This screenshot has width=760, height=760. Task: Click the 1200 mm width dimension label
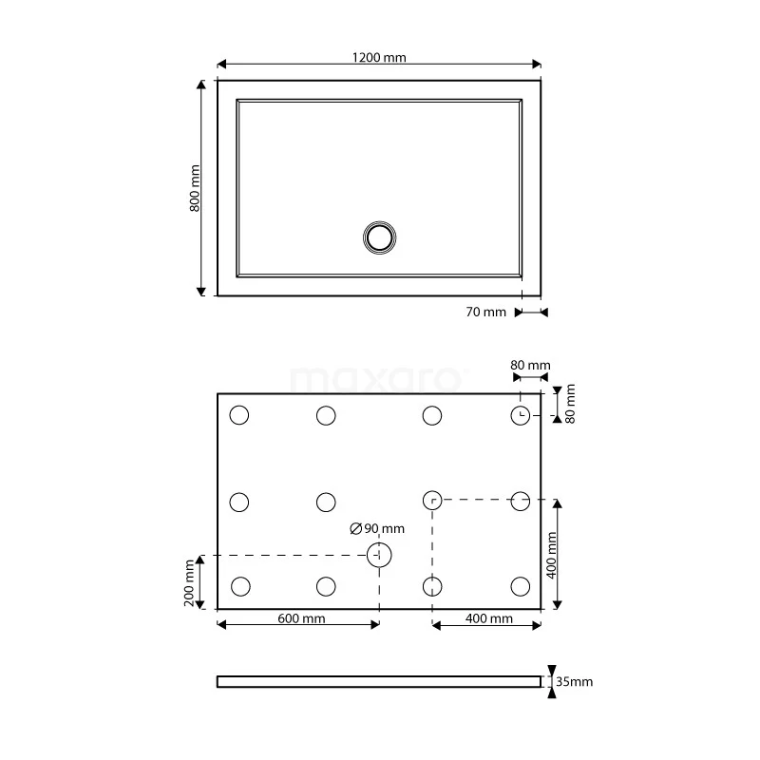point(379,57)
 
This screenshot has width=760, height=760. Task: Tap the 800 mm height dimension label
point(195,188)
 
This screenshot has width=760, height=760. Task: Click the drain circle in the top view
point(379,237)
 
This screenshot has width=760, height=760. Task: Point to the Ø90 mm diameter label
point(377,529)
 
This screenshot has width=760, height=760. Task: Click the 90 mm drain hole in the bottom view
point(379,555)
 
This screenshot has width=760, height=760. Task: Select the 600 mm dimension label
point(301,618)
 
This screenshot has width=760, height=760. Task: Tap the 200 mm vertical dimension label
point(189,581)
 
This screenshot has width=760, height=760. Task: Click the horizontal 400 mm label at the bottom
point(489,618)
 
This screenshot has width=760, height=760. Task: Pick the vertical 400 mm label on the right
point(552,554)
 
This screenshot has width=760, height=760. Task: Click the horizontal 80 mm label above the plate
point(530,366)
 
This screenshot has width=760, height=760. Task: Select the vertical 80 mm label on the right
point(570,404)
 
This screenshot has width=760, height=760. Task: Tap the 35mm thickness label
point(575,682)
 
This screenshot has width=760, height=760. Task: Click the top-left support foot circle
point(239,415)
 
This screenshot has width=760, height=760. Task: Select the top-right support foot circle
point(520,415)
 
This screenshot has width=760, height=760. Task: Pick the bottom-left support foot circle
point(239,585)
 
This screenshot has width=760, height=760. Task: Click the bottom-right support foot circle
point(520,585)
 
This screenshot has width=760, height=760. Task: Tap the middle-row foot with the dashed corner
point(432,501)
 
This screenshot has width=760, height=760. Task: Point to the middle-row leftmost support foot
point(239,501)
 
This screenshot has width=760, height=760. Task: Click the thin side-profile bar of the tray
point(379,681)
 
